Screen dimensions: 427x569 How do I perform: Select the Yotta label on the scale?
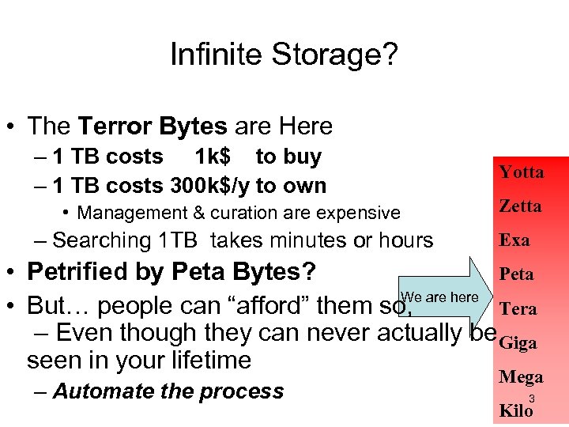tap(521, 172)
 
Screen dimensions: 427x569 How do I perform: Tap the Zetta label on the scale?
tap(520, 206)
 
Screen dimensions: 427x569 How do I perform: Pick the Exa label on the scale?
tap(514, 240)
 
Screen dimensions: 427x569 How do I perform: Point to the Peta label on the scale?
tap(516, 274)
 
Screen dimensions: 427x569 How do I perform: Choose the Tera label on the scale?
tap(518, 308)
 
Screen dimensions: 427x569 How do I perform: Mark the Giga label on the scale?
tap(518, 342)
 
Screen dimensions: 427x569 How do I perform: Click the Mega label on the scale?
tap(521, 377)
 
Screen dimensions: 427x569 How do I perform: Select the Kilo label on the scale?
tap(516, 410)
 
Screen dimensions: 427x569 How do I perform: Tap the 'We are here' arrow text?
tap(440, 297)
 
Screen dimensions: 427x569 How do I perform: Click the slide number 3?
tap(532, 399)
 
